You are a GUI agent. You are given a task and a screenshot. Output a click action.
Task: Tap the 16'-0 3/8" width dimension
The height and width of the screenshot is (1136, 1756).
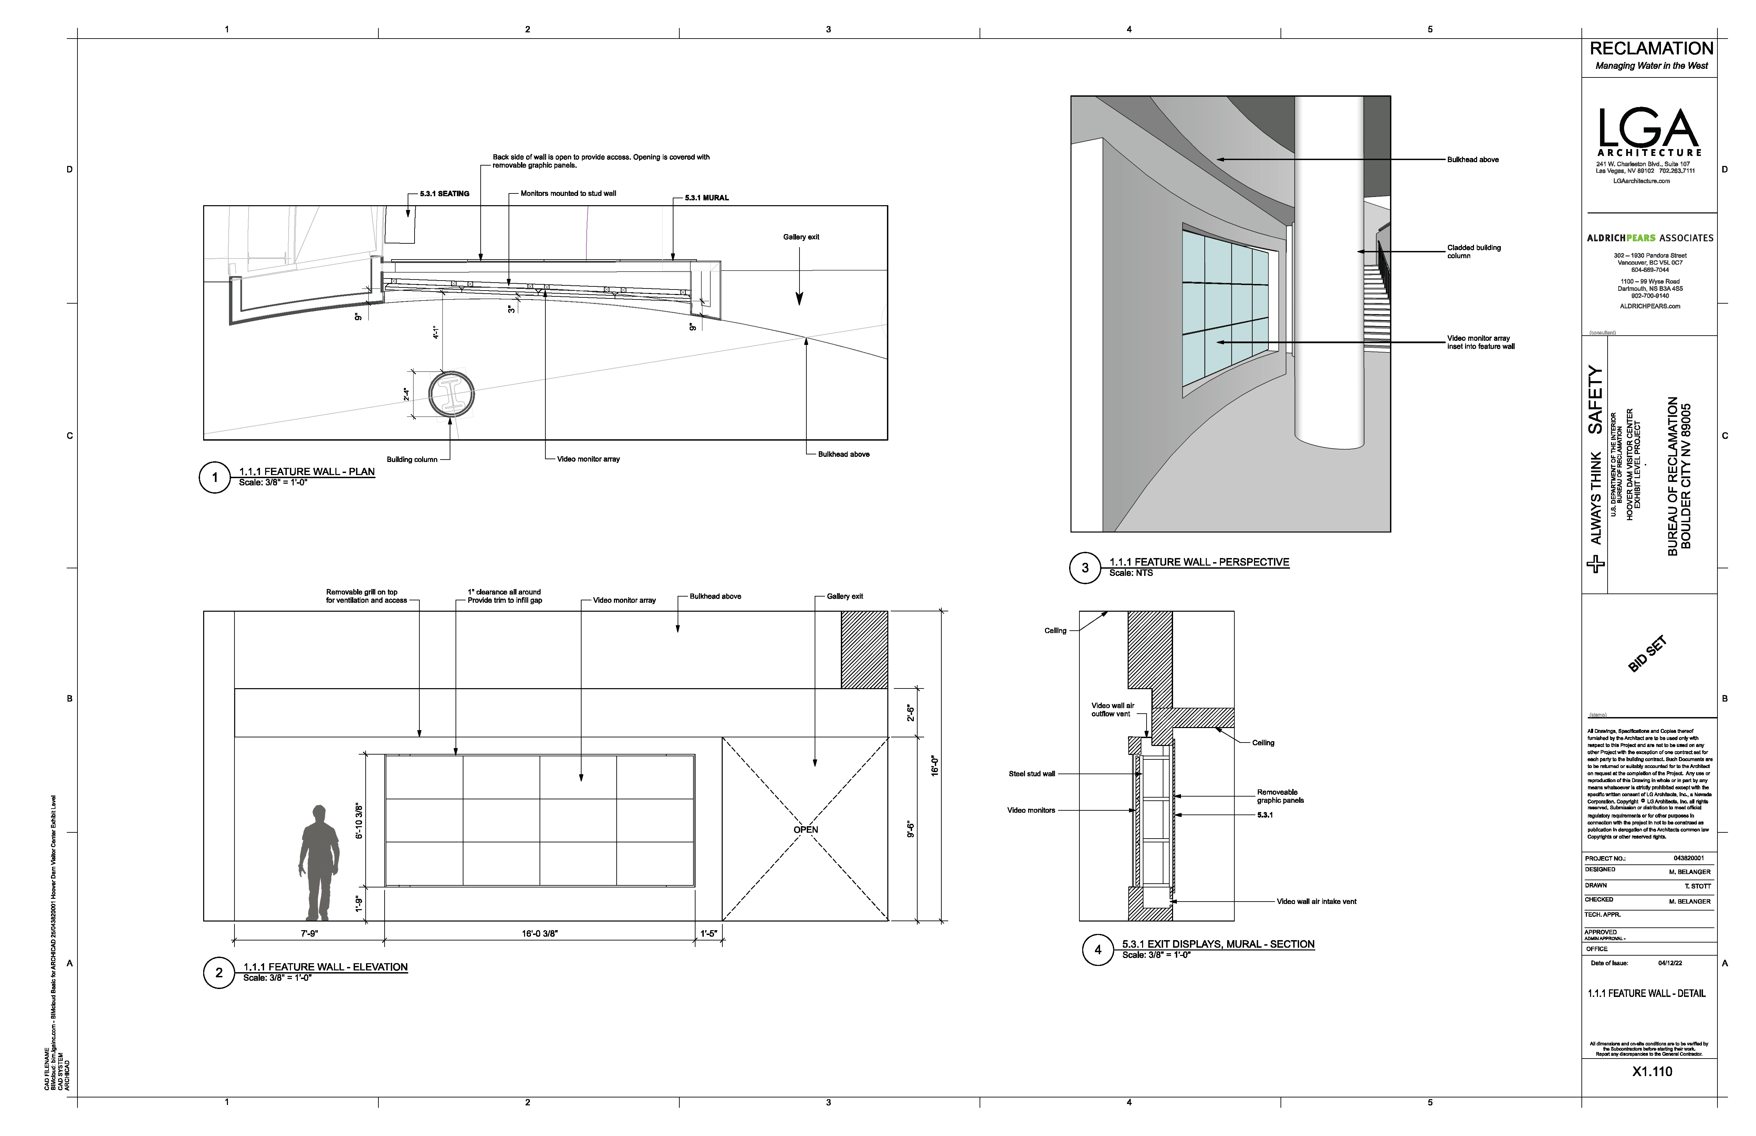pos(539,933)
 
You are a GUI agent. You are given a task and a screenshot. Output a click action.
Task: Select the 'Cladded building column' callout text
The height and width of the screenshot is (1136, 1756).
pos(1473,252)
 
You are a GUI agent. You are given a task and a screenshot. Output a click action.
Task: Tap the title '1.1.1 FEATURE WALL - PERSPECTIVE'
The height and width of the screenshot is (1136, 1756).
pos(1199,562)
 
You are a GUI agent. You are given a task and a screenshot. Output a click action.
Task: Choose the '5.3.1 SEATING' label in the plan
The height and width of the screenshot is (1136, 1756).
pos(444,194)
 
